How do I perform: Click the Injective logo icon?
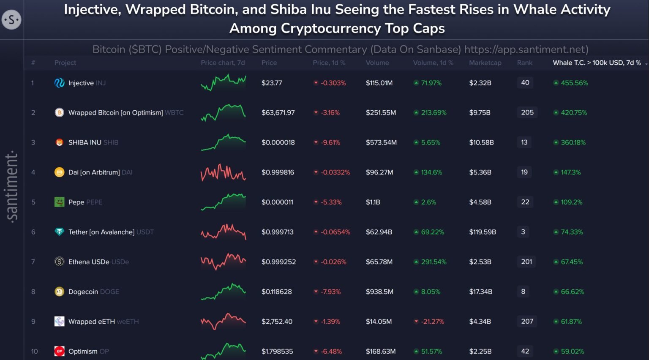59,83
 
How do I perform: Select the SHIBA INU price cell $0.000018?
278,142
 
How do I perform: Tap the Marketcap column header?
485,63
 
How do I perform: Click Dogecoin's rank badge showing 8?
523,292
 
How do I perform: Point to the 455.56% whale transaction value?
574,83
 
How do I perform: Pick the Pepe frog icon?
59,202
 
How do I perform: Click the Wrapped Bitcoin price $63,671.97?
278,112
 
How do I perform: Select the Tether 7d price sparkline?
223,232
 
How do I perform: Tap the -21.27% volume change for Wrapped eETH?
432,322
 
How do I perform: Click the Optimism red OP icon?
59,351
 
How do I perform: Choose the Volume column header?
377,63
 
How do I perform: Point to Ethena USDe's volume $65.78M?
379,262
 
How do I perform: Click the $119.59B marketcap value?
483,232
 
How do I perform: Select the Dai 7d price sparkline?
223,172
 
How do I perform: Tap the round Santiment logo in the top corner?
11,19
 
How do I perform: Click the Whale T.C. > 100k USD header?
597,63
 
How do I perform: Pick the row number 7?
33,262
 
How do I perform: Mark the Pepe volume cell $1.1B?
373,202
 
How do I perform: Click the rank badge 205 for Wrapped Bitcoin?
527,112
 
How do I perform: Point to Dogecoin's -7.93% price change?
330,292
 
